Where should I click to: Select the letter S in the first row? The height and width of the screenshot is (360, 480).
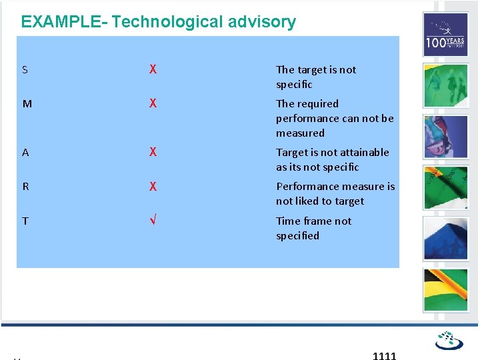point(25,70)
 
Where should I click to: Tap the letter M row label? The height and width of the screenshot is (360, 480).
point(26,104)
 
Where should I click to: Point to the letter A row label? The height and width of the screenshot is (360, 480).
point(25,153)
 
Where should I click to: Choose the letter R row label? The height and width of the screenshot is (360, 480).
point(25,187)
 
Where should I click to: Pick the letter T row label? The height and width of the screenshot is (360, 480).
point(25,221)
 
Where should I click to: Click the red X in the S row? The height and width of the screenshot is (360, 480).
point(153,69)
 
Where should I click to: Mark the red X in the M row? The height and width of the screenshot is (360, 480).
point(153,103)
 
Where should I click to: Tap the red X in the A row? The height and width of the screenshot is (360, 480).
point(153,152)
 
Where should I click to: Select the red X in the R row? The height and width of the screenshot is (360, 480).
point(153,186)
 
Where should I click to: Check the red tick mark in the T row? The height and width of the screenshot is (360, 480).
point(153,221)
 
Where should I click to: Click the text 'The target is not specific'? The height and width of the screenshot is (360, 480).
point(316,77)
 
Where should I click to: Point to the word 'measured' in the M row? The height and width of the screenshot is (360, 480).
point(300,133)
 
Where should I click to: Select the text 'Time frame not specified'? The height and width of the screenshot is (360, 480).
point(313,228)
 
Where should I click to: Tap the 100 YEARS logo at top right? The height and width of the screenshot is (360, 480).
point(445,35)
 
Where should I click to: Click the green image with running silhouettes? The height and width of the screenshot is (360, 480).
point(445,85)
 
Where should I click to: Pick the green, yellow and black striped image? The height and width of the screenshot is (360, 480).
point(445,290)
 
